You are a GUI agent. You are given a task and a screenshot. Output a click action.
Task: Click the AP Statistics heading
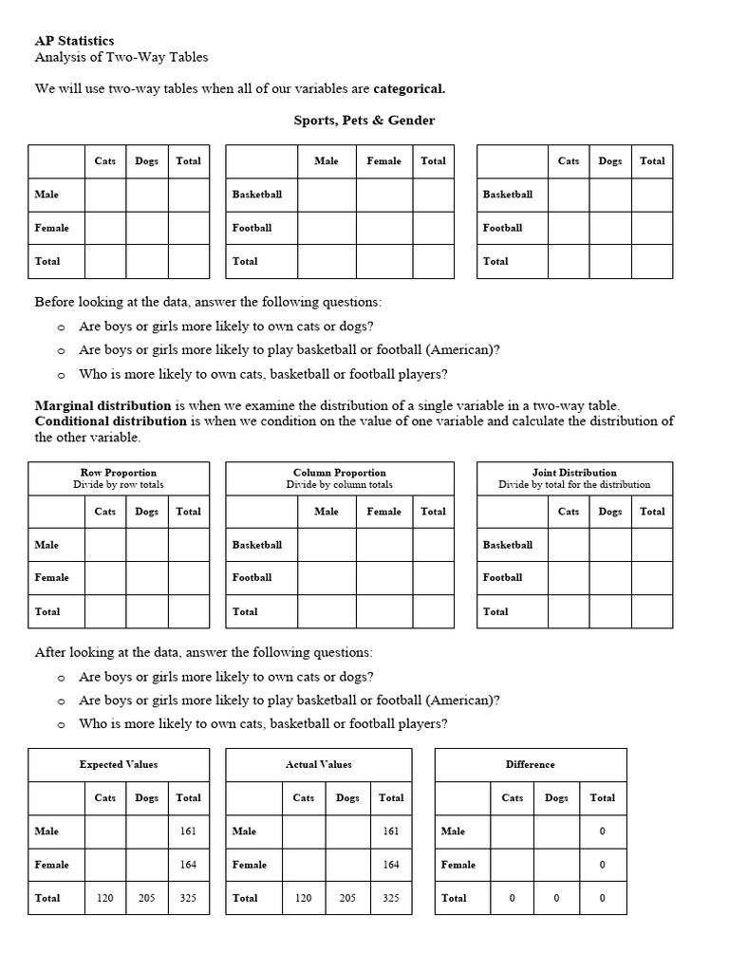[x=74, y=41]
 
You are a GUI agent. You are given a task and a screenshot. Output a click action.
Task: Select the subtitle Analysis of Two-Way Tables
[x=121, y=58]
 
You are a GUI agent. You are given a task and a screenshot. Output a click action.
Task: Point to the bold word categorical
[x=409, y=88]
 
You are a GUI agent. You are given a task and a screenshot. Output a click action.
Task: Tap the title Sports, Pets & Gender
[x=364, y=121]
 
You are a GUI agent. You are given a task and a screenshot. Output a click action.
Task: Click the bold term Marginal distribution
[x=103, y=405]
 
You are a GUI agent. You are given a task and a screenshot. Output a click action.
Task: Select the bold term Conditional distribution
[x=110, y=421]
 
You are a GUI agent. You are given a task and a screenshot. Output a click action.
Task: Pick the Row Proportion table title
[x=119, y=472]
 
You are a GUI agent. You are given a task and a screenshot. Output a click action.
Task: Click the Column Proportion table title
[x=339, y=472]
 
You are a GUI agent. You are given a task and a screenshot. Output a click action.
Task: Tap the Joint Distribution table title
[x=574, y=472]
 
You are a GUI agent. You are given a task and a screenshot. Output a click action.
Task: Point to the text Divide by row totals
[x=119, y=484]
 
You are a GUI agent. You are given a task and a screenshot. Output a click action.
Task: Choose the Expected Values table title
[x=119, y=764]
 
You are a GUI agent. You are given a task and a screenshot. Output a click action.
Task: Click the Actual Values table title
[x=318, y=764]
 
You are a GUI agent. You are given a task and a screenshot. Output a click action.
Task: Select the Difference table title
[x=531, y=764]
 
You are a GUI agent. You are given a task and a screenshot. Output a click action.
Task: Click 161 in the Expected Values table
[x=188, y=832]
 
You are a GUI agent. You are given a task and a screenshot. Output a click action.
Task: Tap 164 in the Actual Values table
[x=391, y=865]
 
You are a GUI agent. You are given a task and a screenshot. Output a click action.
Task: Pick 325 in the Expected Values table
[x=188, y=898]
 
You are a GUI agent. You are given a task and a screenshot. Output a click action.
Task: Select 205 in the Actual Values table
[x=347, y=898]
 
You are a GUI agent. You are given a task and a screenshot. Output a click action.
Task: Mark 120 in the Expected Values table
[x=105, y=898]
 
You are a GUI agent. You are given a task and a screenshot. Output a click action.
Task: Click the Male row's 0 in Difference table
[x=602, y=832]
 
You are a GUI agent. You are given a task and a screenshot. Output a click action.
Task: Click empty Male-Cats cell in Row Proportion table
[x=105, y=545]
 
